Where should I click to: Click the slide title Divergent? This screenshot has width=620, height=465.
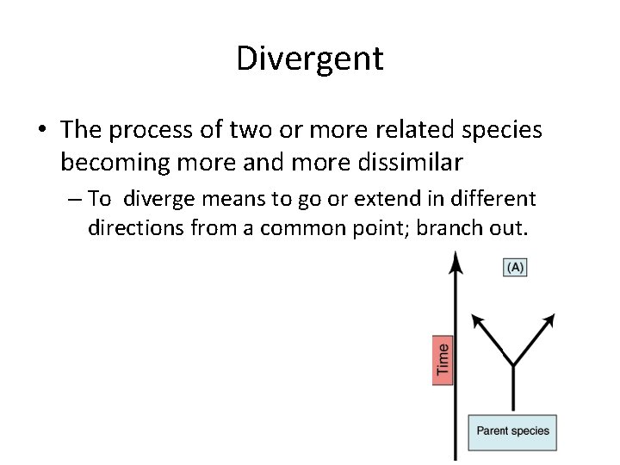point(309,59)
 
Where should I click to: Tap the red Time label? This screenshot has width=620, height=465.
point(443,359)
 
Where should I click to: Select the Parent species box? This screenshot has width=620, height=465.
point(513,431)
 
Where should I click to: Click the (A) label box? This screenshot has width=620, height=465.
point(514,268)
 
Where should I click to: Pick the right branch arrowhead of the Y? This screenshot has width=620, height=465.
point(548,321)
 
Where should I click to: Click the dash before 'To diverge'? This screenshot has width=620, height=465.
point(72,201)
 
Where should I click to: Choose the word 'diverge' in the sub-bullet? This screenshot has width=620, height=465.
point(155,200)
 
